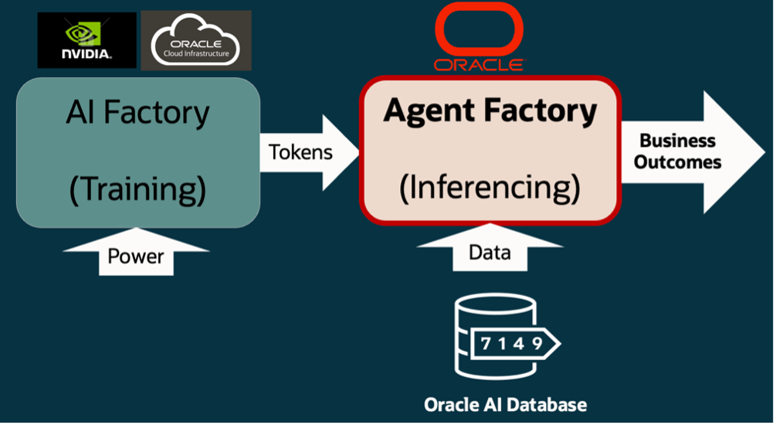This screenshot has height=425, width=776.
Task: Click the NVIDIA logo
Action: click(86, 39)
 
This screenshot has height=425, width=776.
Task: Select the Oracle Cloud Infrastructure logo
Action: click(195, 39)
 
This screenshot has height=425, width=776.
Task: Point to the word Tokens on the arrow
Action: click(300, 151)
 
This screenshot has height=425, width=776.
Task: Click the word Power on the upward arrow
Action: click(135, 256)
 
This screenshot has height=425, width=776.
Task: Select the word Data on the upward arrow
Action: click(489, 252)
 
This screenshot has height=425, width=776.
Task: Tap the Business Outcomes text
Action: click(678, 151)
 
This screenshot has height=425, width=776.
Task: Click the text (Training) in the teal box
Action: click(137, 189)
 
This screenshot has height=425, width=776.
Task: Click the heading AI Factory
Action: click(137, 113)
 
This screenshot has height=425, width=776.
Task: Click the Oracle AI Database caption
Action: click(505, 404)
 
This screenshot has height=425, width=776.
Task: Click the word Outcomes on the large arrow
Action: click(678, 162)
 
